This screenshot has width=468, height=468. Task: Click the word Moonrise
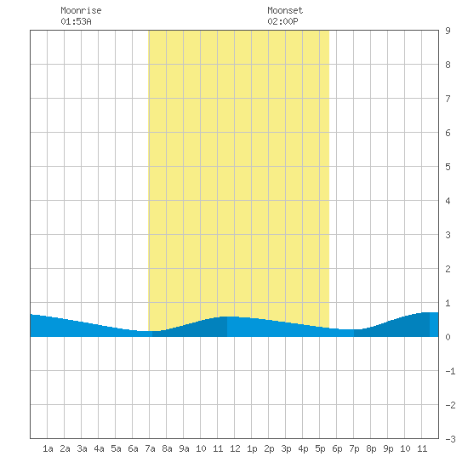pos(81,10)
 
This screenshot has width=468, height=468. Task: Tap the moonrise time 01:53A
pos(76,21)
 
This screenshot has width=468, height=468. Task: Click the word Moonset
pos(285,10)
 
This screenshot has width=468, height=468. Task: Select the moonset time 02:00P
pos(283,21)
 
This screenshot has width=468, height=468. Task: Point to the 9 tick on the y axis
pos(448,31)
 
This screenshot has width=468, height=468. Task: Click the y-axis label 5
pos(448,167)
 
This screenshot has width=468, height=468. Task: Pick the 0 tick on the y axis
pos(448,337)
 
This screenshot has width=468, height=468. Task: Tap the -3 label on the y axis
pos(450,439)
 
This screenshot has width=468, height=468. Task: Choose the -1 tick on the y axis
pos(450,371)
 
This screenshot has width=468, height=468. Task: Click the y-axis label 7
pos(448,99)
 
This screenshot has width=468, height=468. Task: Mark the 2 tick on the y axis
pos(448,269)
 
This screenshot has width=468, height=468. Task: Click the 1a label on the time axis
pos(48,448)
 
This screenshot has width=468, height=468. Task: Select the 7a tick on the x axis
pos(150,448)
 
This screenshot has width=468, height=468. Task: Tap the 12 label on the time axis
pos(235,448)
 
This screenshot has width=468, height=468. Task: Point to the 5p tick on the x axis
pos(320,448)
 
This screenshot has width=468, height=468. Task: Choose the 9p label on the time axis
pos(388,448)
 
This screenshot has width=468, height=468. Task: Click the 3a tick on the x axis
pos(82,448)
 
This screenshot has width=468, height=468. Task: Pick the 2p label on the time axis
pos(269,448)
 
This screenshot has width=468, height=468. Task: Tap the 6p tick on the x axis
pos(337,448)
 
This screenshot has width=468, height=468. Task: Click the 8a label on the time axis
pos(167,448)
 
